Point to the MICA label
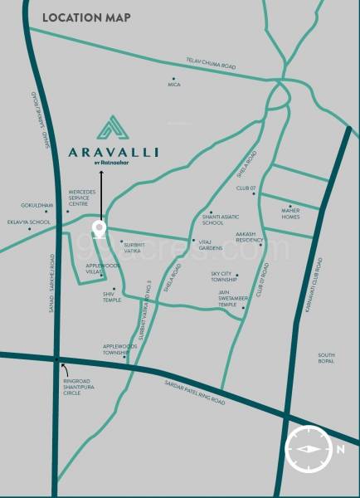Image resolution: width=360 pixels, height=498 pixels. click(x=173, y=84)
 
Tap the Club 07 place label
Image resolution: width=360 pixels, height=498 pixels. click(x=246, y=188)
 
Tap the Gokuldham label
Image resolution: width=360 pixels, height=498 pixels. click(x=37, y=205)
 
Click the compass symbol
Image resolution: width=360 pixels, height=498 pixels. click(x=306, y=448)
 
